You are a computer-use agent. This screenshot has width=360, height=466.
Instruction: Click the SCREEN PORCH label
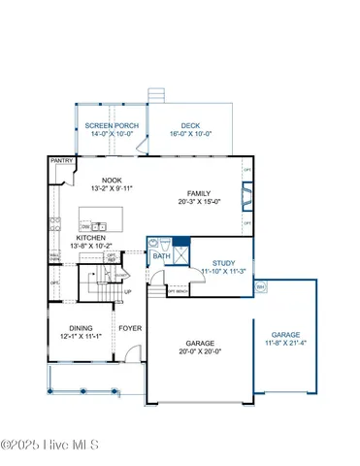[x=112, y=126]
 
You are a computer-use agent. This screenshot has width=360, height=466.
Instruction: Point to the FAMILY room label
[x=199, y=193]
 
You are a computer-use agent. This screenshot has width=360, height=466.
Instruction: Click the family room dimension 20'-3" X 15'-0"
[x=199, y=203]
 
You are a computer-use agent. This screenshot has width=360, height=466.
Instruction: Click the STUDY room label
[x=224, y=261]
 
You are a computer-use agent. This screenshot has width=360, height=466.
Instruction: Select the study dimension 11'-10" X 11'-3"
[x=224, y=271]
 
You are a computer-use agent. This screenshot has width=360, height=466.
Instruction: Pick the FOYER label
[x=130, y=328]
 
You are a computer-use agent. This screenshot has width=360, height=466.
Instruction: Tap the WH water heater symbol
[x=260, y=286]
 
